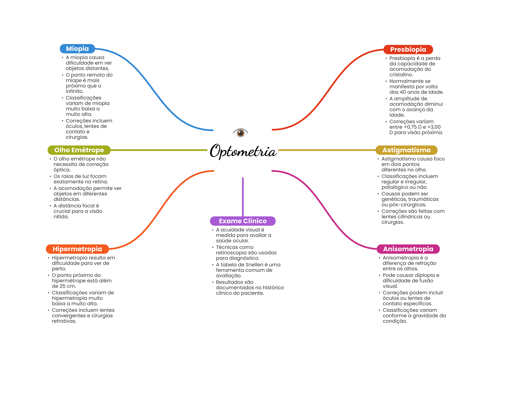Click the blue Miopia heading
coord(77,49)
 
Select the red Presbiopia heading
coord(408,49)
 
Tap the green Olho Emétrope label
coord(79,150)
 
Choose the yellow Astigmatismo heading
coord(406,150)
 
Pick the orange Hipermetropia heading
coord(77,249)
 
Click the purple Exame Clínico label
coord(242,221)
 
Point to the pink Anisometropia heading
coord(408,249)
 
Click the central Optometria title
coord(243,151)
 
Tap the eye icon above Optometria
coord(240,133)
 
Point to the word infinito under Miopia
coord(74,91)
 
